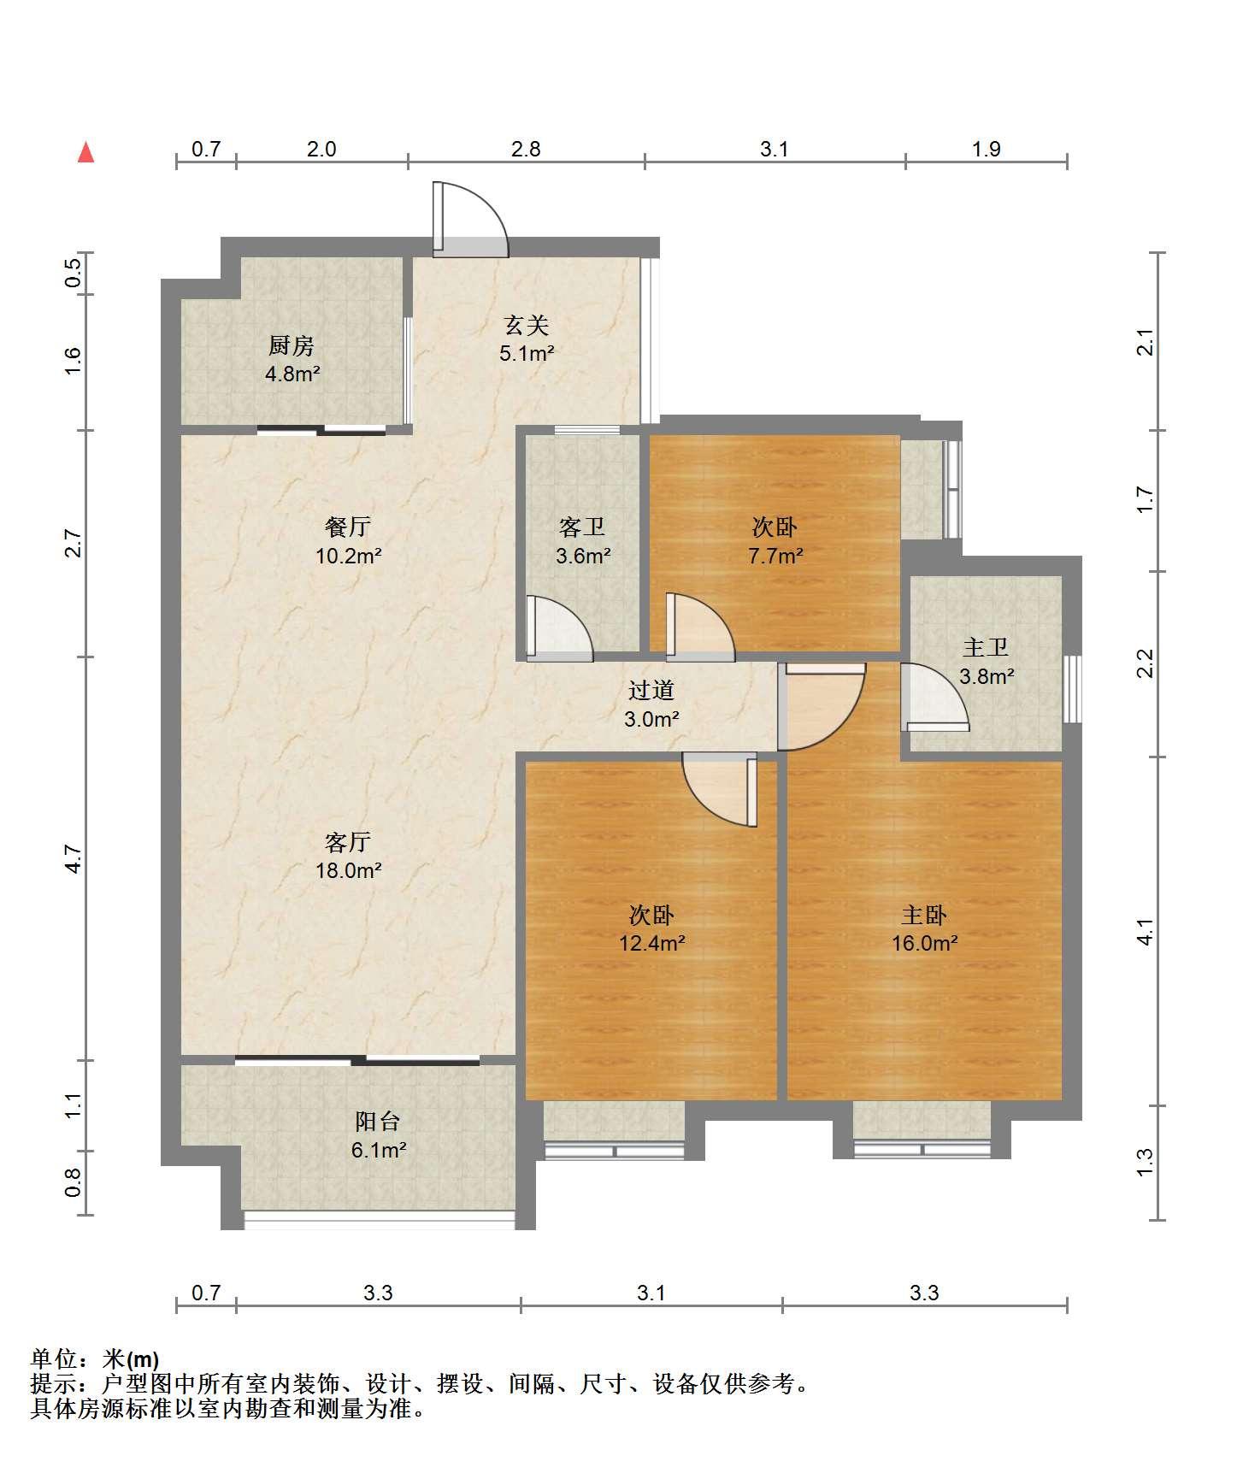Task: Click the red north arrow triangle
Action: click(x=85, y=152)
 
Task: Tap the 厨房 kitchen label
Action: click(x=292, y=359)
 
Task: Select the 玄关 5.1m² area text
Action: click(x=527, y=339)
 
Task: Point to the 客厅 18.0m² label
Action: click(x=348, y=856)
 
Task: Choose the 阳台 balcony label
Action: click(x=378, y=1135)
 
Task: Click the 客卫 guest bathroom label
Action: click(x=583, y=541)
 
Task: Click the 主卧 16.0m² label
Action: click(x=924, y=929)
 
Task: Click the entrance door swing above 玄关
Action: click(x=470, y=220)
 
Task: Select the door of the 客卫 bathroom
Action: click(x=559, y=628)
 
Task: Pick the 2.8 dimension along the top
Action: click(x=526, y=149)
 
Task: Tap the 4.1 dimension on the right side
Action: click(x=1146, y=931)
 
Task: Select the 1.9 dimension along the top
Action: click(x=986, y=149)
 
